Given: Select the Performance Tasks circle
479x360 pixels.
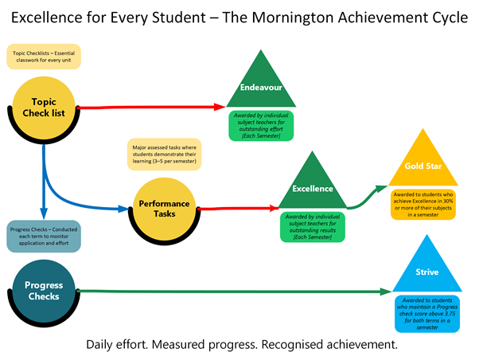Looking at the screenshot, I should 164,209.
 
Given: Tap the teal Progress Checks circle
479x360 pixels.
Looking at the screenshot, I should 44,291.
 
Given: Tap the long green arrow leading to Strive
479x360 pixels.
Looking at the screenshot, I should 239,291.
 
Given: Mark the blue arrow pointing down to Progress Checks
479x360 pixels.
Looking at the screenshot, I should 45,183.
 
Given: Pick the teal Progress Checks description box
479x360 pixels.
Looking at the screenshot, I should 44,237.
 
